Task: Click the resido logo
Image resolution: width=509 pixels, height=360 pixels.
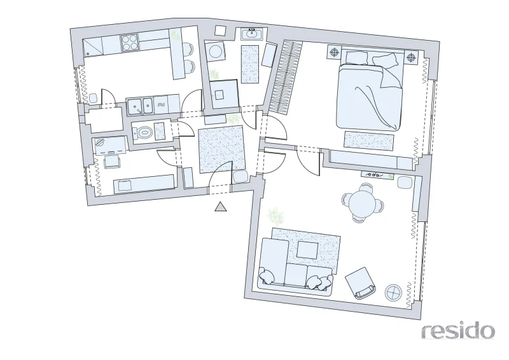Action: click(458, 331)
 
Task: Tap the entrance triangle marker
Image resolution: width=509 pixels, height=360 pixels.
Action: click(221, 207)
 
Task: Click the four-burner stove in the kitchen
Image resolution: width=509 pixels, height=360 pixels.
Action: click(130, 43)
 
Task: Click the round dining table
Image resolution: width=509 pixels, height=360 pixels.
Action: click(362, 202)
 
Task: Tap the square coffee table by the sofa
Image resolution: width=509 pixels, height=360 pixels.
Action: click(308, 249)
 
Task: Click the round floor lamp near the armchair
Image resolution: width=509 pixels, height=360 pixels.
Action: click(393, 293)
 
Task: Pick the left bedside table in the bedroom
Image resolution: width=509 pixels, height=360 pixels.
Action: click(335, 52)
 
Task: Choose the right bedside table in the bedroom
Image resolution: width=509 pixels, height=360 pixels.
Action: click(412, 57)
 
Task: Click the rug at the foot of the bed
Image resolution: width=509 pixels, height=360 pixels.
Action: click(369, 141)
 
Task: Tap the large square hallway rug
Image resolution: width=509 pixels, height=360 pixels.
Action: click(221, 149)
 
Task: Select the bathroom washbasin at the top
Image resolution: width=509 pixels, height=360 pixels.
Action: click(251, 34)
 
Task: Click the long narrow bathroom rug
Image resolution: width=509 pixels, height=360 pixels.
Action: click(250, 64)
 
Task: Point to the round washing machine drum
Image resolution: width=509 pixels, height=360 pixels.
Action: click(215, 51)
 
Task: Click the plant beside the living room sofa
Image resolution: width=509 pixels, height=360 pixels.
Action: click(275, 216)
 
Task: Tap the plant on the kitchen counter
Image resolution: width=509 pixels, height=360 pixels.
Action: click(176, 35)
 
